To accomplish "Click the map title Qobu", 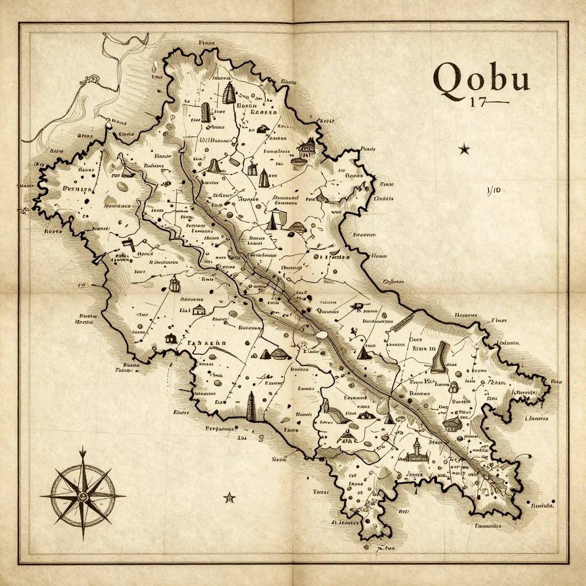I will (481, 78).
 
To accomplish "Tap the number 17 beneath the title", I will (477, 103).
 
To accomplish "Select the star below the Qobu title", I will (464, 150).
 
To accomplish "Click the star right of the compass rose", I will (229, 497).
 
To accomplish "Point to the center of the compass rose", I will (83, 496).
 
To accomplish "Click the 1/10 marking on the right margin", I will (493, 190).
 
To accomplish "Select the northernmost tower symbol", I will (229, 93).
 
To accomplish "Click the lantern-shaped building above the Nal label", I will (175, 283).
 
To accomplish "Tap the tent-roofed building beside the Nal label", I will (199, 310).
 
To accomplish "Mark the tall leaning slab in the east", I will (438, 359).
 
